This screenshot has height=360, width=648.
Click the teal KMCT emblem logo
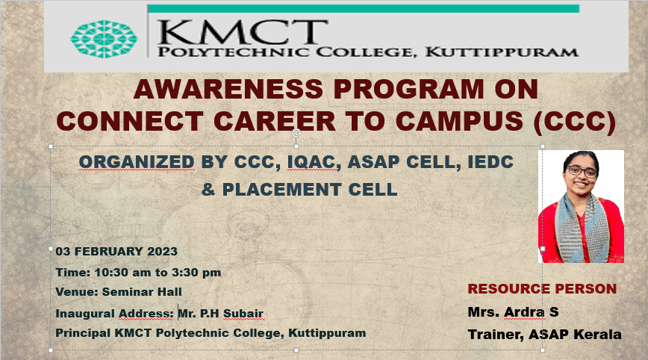point(104,39)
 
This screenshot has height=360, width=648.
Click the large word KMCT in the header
point(243,31)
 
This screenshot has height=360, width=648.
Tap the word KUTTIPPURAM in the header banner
point(502,52)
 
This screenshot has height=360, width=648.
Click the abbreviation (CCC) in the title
point(574,122)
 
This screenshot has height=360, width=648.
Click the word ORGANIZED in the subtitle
point(137,162)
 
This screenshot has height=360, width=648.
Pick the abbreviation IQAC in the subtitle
point(311,162)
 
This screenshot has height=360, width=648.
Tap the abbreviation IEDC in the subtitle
point(490,161)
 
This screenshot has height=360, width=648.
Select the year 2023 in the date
point(163,251)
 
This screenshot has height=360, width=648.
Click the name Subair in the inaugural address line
point(243,313)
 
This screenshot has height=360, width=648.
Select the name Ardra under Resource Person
point(525,311)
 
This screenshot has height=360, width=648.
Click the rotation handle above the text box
point(296,133)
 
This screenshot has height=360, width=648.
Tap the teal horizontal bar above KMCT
point(364,9)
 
